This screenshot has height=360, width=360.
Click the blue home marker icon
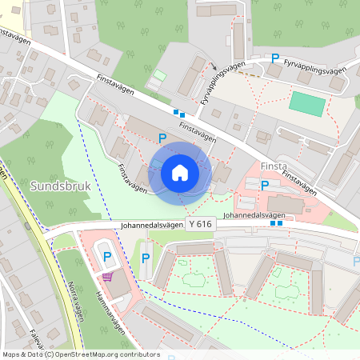pyautogui.click(x=180, y=173)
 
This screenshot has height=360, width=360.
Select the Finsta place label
pyautogui.click(x=274, y=166)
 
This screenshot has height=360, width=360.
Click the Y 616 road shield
pyautogui.click(x=198, y=224)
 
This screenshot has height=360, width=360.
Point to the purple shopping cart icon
pyautogui.click(x=107, y=276)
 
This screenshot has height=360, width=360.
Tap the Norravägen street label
pyautogui.click(x=73, y=300)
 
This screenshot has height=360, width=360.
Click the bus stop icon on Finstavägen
pyautogui.click(x=179, y=114)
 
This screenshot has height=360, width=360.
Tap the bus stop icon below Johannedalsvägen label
pyautogui.click(x=277, y=224)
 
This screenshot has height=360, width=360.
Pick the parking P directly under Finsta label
pyautogui.click(x=266, y=185)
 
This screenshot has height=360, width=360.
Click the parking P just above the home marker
pyautogui.click(x=162, y=138)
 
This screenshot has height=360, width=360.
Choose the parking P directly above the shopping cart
pyautogui.click(x=108, y=256)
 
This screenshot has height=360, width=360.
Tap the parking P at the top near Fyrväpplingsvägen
pyautogui.click(x=276, y=58)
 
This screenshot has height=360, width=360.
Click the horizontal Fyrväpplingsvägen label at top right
pyautogui.click(x=315, y=71)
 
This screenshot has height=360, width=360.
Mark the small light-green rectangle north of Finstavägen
pyautogui.click(x=159, y=76)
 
